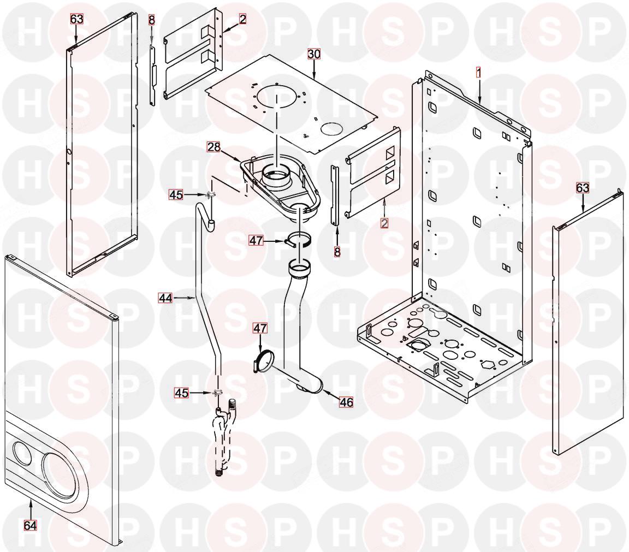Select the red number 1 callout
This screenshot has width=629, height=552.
click(478, 72)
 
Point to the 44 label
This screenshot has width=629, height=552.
click(165, 298)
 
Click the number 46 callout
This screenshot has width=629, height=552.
click(346, 403)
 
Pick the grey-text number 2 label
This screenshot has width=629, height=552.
click(384, 223)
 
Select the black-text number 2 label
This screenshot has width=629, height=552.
click(242, 19)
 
